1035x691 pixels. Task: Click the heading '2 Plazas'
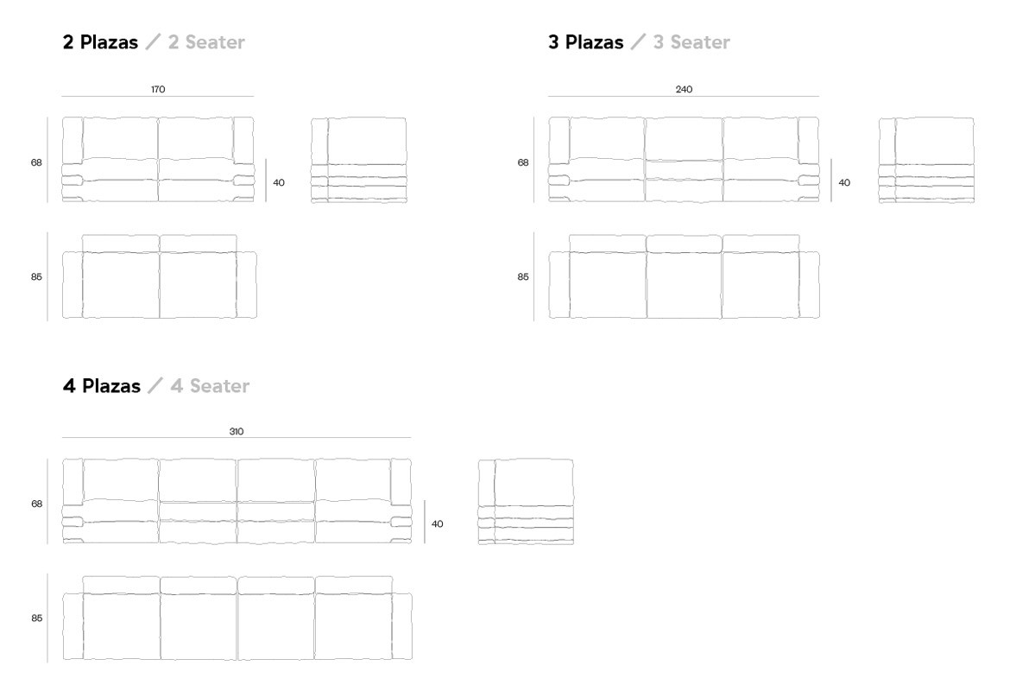[x=100, y=42]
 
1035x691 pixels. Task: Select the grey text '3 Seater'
[x=691, y=42]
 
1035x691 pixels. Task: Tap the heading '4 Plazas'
[x=101, y=386]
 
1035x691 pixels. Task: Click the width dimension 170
[x=158, y=89]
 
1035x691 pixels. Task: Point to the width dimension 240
[x=684, y=89]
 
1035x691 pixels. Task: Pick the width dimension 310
[x=237, y=431]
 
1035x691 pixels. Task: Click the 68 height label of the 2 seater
[x=36, y=162]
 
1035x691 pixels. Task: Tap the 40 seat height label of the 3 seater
[x=844, y=182]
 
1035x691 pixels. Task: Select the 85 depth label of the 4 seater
[x=36, y=618]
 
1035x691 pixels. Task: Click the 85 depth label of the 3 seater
[x=523, y=277]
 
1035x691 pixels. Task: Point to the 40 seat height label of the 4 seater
[x=438, y=523]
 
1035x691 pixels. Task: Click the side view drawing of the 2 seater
[x=358, y=161]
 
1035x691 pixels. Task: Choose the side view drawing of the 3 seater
[x=926, y=161]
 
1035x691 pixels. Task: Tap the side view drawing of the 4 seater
[x=526, y=502]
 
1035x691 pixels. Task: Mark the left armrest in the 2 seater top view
[x=73, y=285]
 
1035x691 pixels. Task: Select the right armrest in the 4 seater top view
[x=401, y=627]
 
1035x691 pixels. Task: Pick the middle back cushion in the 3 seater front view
[x=684, y=138]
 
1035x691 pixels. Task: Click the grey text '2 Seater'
[x=206, y=42]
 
